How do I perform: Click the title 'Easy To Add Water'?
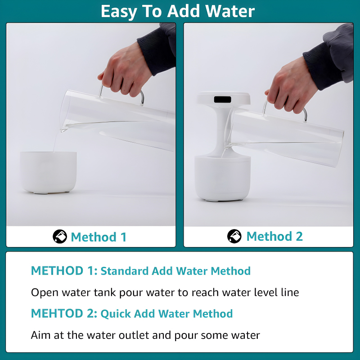click(178, 11)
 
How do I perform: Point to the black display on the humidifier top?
click(222, 99)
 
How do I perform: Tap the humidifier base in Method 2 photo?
click(222, 178)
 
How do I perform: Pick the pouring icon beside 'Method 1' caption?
click(59, 236)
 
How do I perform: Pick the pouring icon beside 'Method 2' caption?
click(234, 236)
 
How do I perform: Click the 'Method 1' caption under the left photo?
click(99, 237)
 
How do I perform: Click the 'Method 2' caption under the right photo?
click(274, 236)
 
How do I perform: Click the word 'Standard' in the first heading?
click(125, 271)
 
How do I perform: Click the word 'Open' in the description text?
click(44, 292)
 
